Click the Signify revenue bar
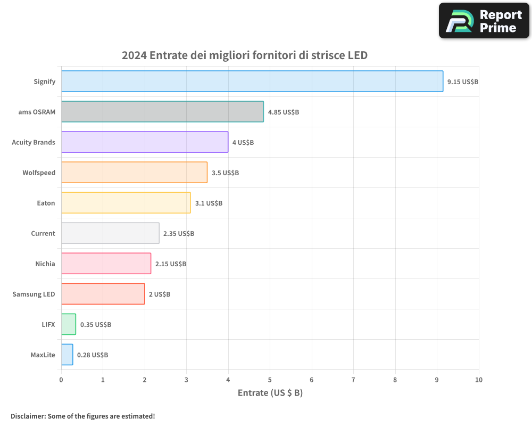[252, 81]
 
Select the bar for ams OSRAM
[162, 112]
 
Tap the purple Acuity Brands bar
[145, 142]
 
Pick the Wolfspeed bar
[134, 173]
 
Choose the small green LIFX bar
[69, 324]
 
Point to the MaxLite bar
[67, 355]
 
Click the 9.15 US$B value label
[463, 82]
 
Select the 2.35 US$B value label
[179, 234]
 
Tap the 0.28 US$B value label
[93, 355]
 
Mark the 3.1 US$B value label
[209, 203]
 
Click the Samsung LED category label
[34, 294]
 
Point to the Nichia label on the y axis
[45, 264]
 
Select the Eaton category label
[46, 203]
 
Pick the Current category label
[43, 233]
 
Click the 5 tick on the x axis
[270, 380]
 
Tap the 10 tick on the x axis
[478, 380]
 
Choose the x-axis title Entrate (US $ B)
[270, 393]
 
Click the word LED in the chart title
[357, 55]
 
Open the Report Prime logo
[484, 21]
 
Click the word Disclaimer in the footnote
[27, 416]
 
